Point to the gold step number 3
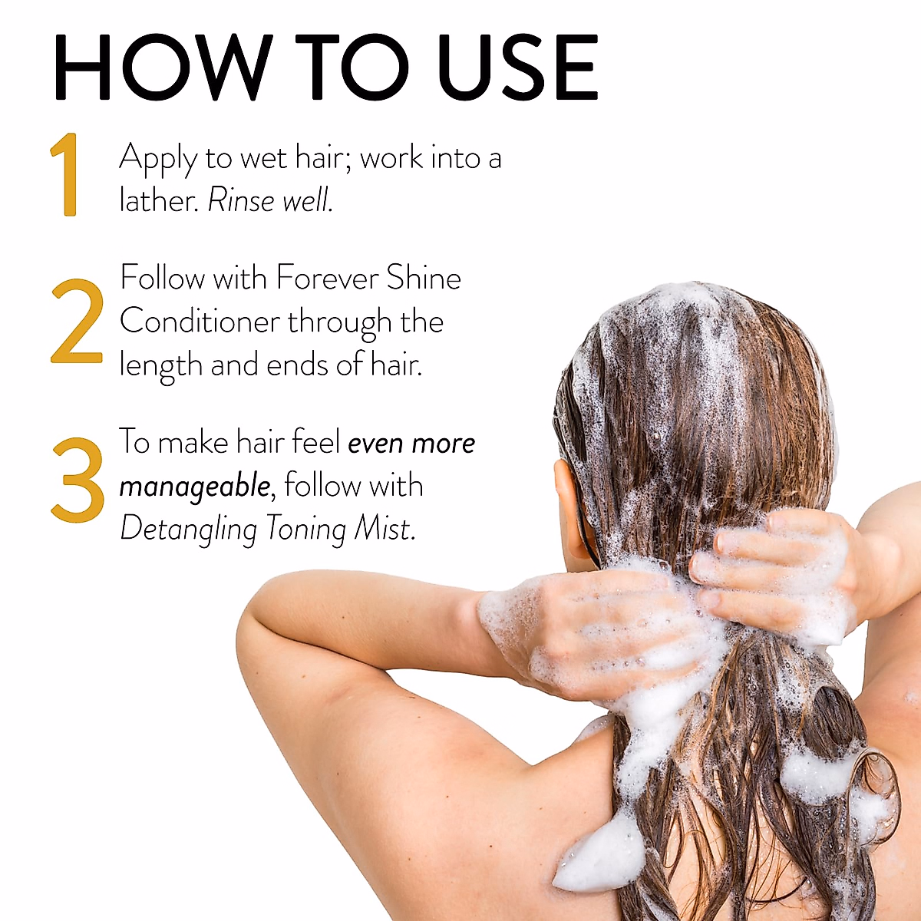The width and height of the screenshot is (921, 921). pos(78,480)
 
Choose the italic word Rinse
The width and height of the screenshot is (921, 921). pos(241,201)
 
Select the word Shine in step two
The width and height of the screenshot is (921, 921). pos(424,278)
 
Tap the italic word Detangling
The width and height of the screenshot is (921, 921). pos(188,530)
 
